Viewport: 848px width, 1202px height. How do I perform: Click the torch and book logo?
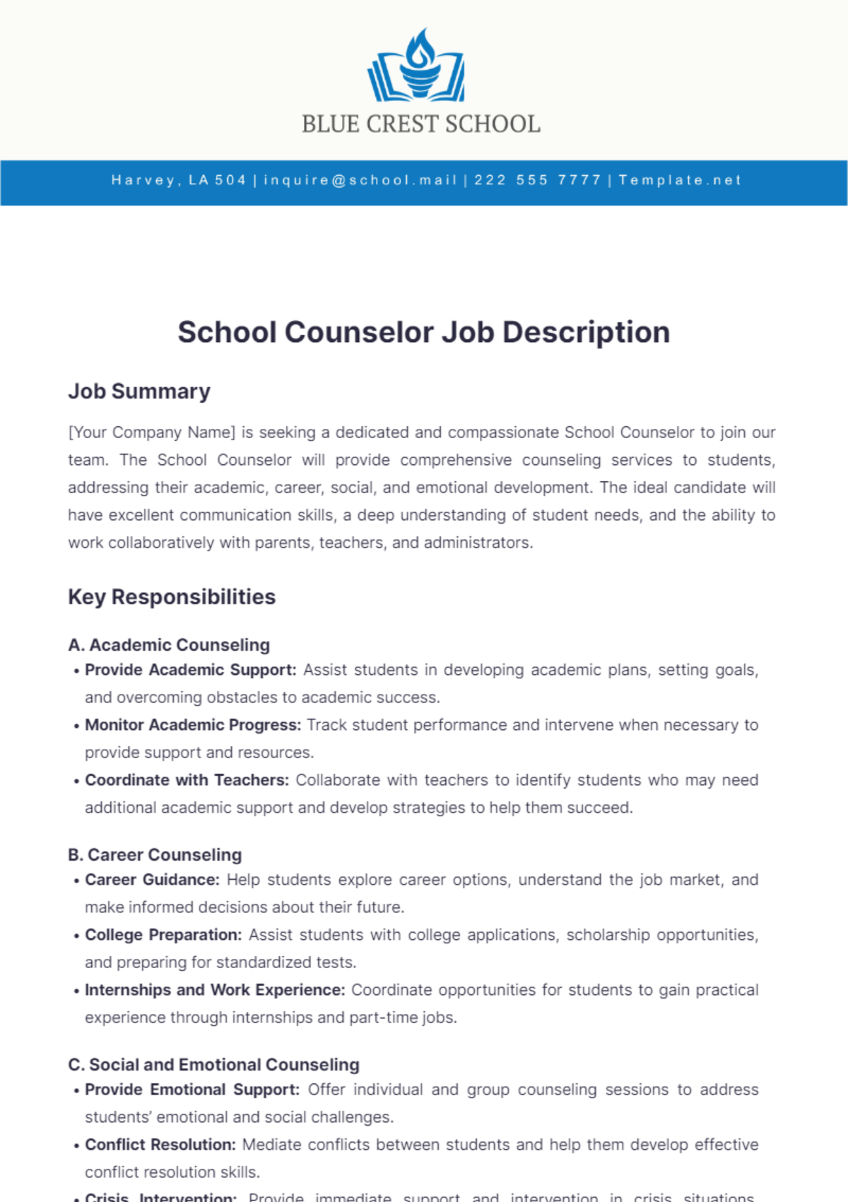pyautogui.click(x=417, y=66)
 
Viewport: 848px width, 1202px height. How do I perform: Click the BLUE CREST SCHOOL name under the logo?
pyautogui.click(x=421, y=124)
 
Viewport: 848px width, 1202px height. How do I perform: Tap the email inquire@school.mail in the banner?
pyautogui.click(x=360, y=180)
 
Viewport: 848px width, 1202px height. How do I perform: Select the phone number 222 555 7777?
pyautogui.click(x=537, y=180)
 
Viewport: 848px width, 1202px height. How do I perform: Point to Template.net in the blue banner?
pyautogui.click(x=680, y=180)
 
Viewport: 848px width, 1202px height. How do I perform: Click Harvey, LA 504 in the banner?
pyautogui.click(x=179, y=180)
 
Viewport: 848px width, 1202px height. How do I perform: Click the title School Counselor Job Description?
pyautogui.click(x=423, y=332)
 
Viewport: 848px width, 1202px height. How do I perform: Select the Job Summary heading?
pyautogui.click(x=139, y=391)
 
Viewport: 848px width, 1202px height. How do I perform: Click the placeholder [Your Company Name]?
pyautogui.click(x=151, y=432)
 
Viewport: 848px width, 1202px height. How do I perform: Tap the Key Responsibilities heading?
pyautogui.click(x=172, y=597)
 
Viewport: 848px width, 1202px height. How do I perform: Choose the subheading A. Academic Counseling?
pyautogui.click(x=169, y=645)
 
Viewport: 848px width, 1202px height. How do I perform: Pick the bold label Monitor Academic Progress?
pyautogui.click(x=193, y=725)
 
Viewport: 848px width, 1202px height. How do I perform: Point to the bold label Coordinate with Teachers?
pyautogui.click(x=187, y=780)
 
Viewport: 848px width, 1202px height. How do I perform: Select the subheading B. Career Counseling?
pyautogui.click(x=155, y=855)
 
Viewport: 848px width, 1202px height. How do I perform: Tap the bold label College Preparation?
pyautogui.click(x=163, y=935)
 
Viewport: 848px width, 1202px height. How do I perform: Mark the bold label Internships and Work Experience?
pyautogui.click(x=215, y=990)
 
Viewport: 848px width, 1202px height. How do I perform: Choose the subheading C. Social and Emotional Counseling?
pyautogui.click(x=213, y=1065)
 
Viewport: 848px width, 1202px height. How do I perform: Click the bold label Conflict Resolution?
pyautogui.click(x=160, y=1145)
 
